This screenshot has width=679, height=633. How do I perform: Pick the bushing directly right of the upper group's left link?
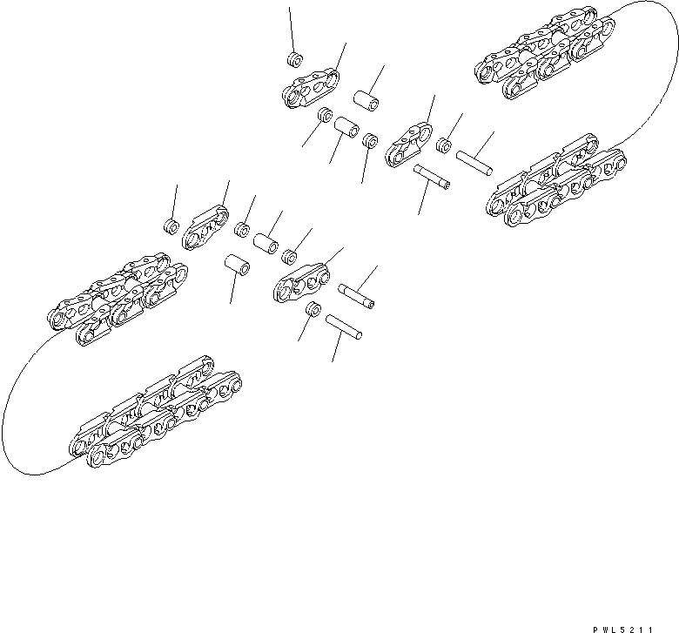pyautogui.click(x=366, y=99)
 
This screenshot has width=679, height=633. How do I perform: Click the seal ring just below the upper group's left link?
pyautogui.click(x=326, y=116)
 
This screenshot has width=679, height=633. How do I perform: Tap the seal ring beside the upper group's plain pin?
pyautogui.click(x=447, y=144)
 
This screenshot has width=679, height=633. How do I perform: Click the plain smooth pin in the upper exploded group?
pyautogui.click(x=475, y=161)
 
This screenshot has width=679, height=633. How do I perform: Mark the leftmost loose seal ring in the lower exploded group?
pyautogui.click(x=171, y=228)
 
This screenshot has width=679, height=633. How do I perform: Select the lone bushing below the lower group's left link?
pyautogui.click(x=237, y=262)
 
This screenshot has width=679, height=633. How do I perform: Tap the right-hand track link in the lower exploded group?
pyautogui.click(x=304, y=278)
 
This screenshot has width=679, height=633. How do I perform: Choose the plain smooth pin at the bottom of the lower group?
pyautogui.click(x=344, y=327)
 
